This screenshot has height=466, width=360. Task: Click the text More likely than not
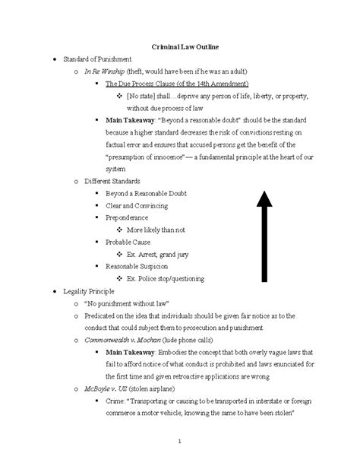point(156,229)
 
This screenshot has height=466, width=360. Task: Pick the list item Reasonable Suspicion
point(137,266)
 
